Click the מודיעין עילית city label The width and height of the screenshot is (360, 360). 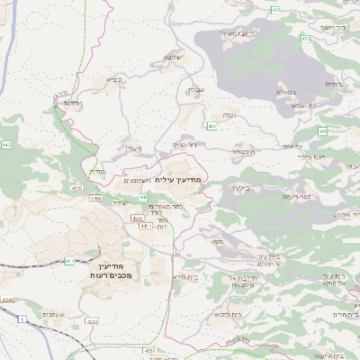pyautogui.click(x=180, y=180)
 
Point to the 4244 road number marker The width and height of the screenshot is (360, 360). pyautogui.click(x=9, y=300)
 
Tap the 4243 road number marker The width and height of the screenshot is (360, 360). pyautogui.click(x=90, y=320)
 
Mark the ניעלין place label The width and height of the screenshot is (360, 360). pyautogui.click(x=134, y=148)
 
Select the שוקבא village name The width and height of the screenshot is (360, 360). pyautogui.click(x=173, y=58)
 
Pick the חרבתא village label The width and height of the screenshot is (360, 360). pyautogui.click(x=243, y=152)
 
